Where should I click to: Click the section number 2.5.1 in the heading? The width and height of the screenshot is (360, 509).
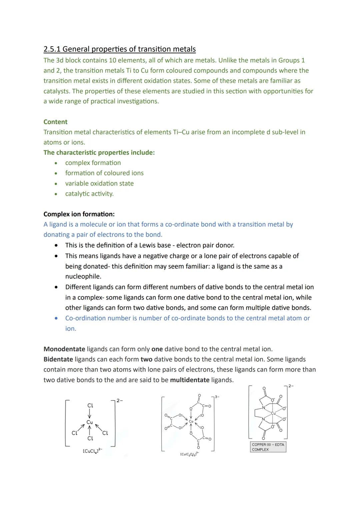(x=52, y=49)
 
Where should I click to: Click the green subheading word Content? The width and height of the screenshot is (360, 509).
(x=55, y=122)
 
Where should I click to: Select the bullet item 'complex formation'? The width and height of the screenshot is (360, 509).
(x=93, y=163)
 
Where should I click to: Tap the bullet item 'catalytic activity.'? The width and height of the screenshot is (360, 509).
(x=89, y=194)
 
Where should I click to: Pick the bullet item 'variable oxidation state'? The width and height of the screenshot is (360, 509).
(x=99, y=183)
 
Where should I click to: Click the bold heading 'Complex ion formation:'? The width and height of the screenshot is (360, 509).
(x=79, y=214)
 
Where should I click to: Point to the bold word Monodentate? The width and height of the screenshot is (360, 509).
(x=64, y=349)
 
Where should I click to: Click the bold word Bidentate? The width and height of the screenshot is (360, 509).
(x=58, y=359)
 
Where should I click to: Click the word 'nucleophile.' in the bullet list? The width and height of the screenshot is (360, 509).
(x=83, y=276)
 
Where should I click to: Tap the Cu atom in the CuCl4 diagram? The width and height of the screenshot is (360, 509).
(x=90, y=422)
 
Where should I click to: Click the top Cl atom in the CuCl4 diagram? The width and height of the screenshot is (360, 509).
(x=90, y=406)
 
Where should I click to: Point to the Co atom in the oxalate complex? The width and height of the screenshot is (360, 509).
(x=191, y=422)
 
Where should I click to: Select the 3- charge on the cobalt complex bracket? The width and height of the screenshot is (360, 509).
(x=217, y=397)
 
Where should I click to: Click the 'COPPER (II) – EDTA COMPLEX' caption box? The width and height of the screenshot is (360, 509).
(x=268, y=447)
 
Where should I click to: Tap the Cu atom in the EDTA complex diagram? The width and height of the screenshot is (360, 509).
(x=273, y=413)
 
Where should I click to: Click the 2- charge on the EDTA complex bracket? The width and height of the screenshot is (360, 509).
(x=291, y=386)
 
